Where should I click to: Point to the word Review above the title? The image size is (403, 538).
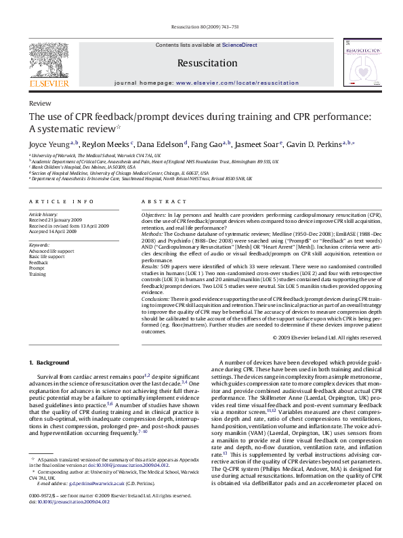point(39,103)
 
